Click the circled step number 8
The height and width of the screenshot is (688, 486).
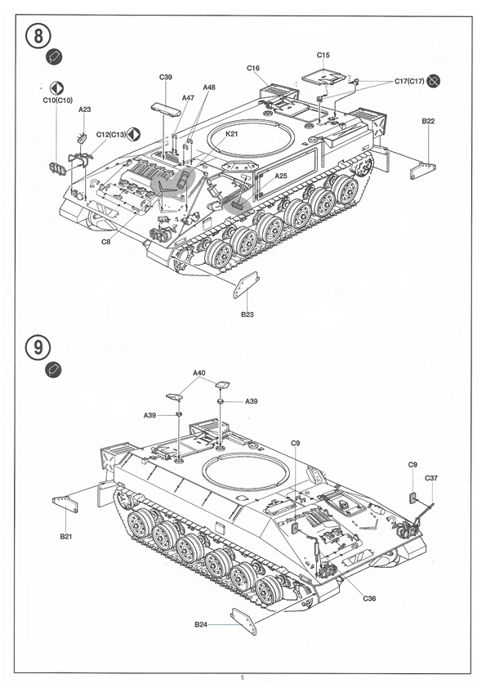pyautogui.click(x=39, y=36)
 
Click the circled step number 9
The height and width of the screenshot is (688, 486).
pyautogui.click(x=38, y=347)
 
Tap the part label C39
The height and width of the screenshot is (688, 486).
pyautogui.click(x=166, y=78)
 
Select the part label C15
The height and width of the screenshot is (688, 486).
pyautogui.click(x=323, y=56)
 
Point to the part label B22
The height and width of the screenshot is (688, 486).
pyautogui.click(x=428, y=121)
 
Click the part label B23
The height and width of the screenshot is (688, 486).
pyautogui.click(x=247, y=314)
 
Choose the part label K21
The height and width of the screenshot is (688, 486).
pyautogui.click(x=232, y=134)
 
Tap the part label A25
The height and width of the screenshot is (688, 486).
pyautogui.click(x=281, y=176)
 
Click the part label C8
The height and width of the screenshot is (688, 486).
pyautogui.click(x=106, y=241)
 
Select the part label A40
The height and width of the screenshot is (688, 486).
pyautogui.click(x=199, y=373)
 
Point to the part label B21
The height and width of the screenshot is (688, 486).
pyautogui.click(x=66, y=536)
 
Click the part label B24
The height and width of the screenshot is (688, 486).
pyautogui.click(x=201, y=624)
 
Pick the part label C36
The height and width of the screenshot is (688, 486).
pyautogui.click(x=369, y=598)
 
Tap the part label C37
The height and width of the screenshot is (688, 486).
pyautogui.click(x=431, y=478)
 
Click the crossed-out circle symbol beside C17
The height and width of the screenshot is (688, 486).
pyautogui.click(x=434, y=81)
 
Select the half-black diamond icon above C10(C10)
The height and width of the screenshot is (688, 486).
pyautogui.click(x=56, y=88)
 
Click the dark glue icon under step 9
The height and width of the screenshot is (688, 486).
pyautogui.click(x=54, y=369)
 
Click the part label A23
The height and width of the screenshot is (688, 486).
pyautogui.click(x=85, y=109)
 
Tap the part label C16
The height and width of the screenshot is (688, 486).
pyautogui.click(x=253, y=68)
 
